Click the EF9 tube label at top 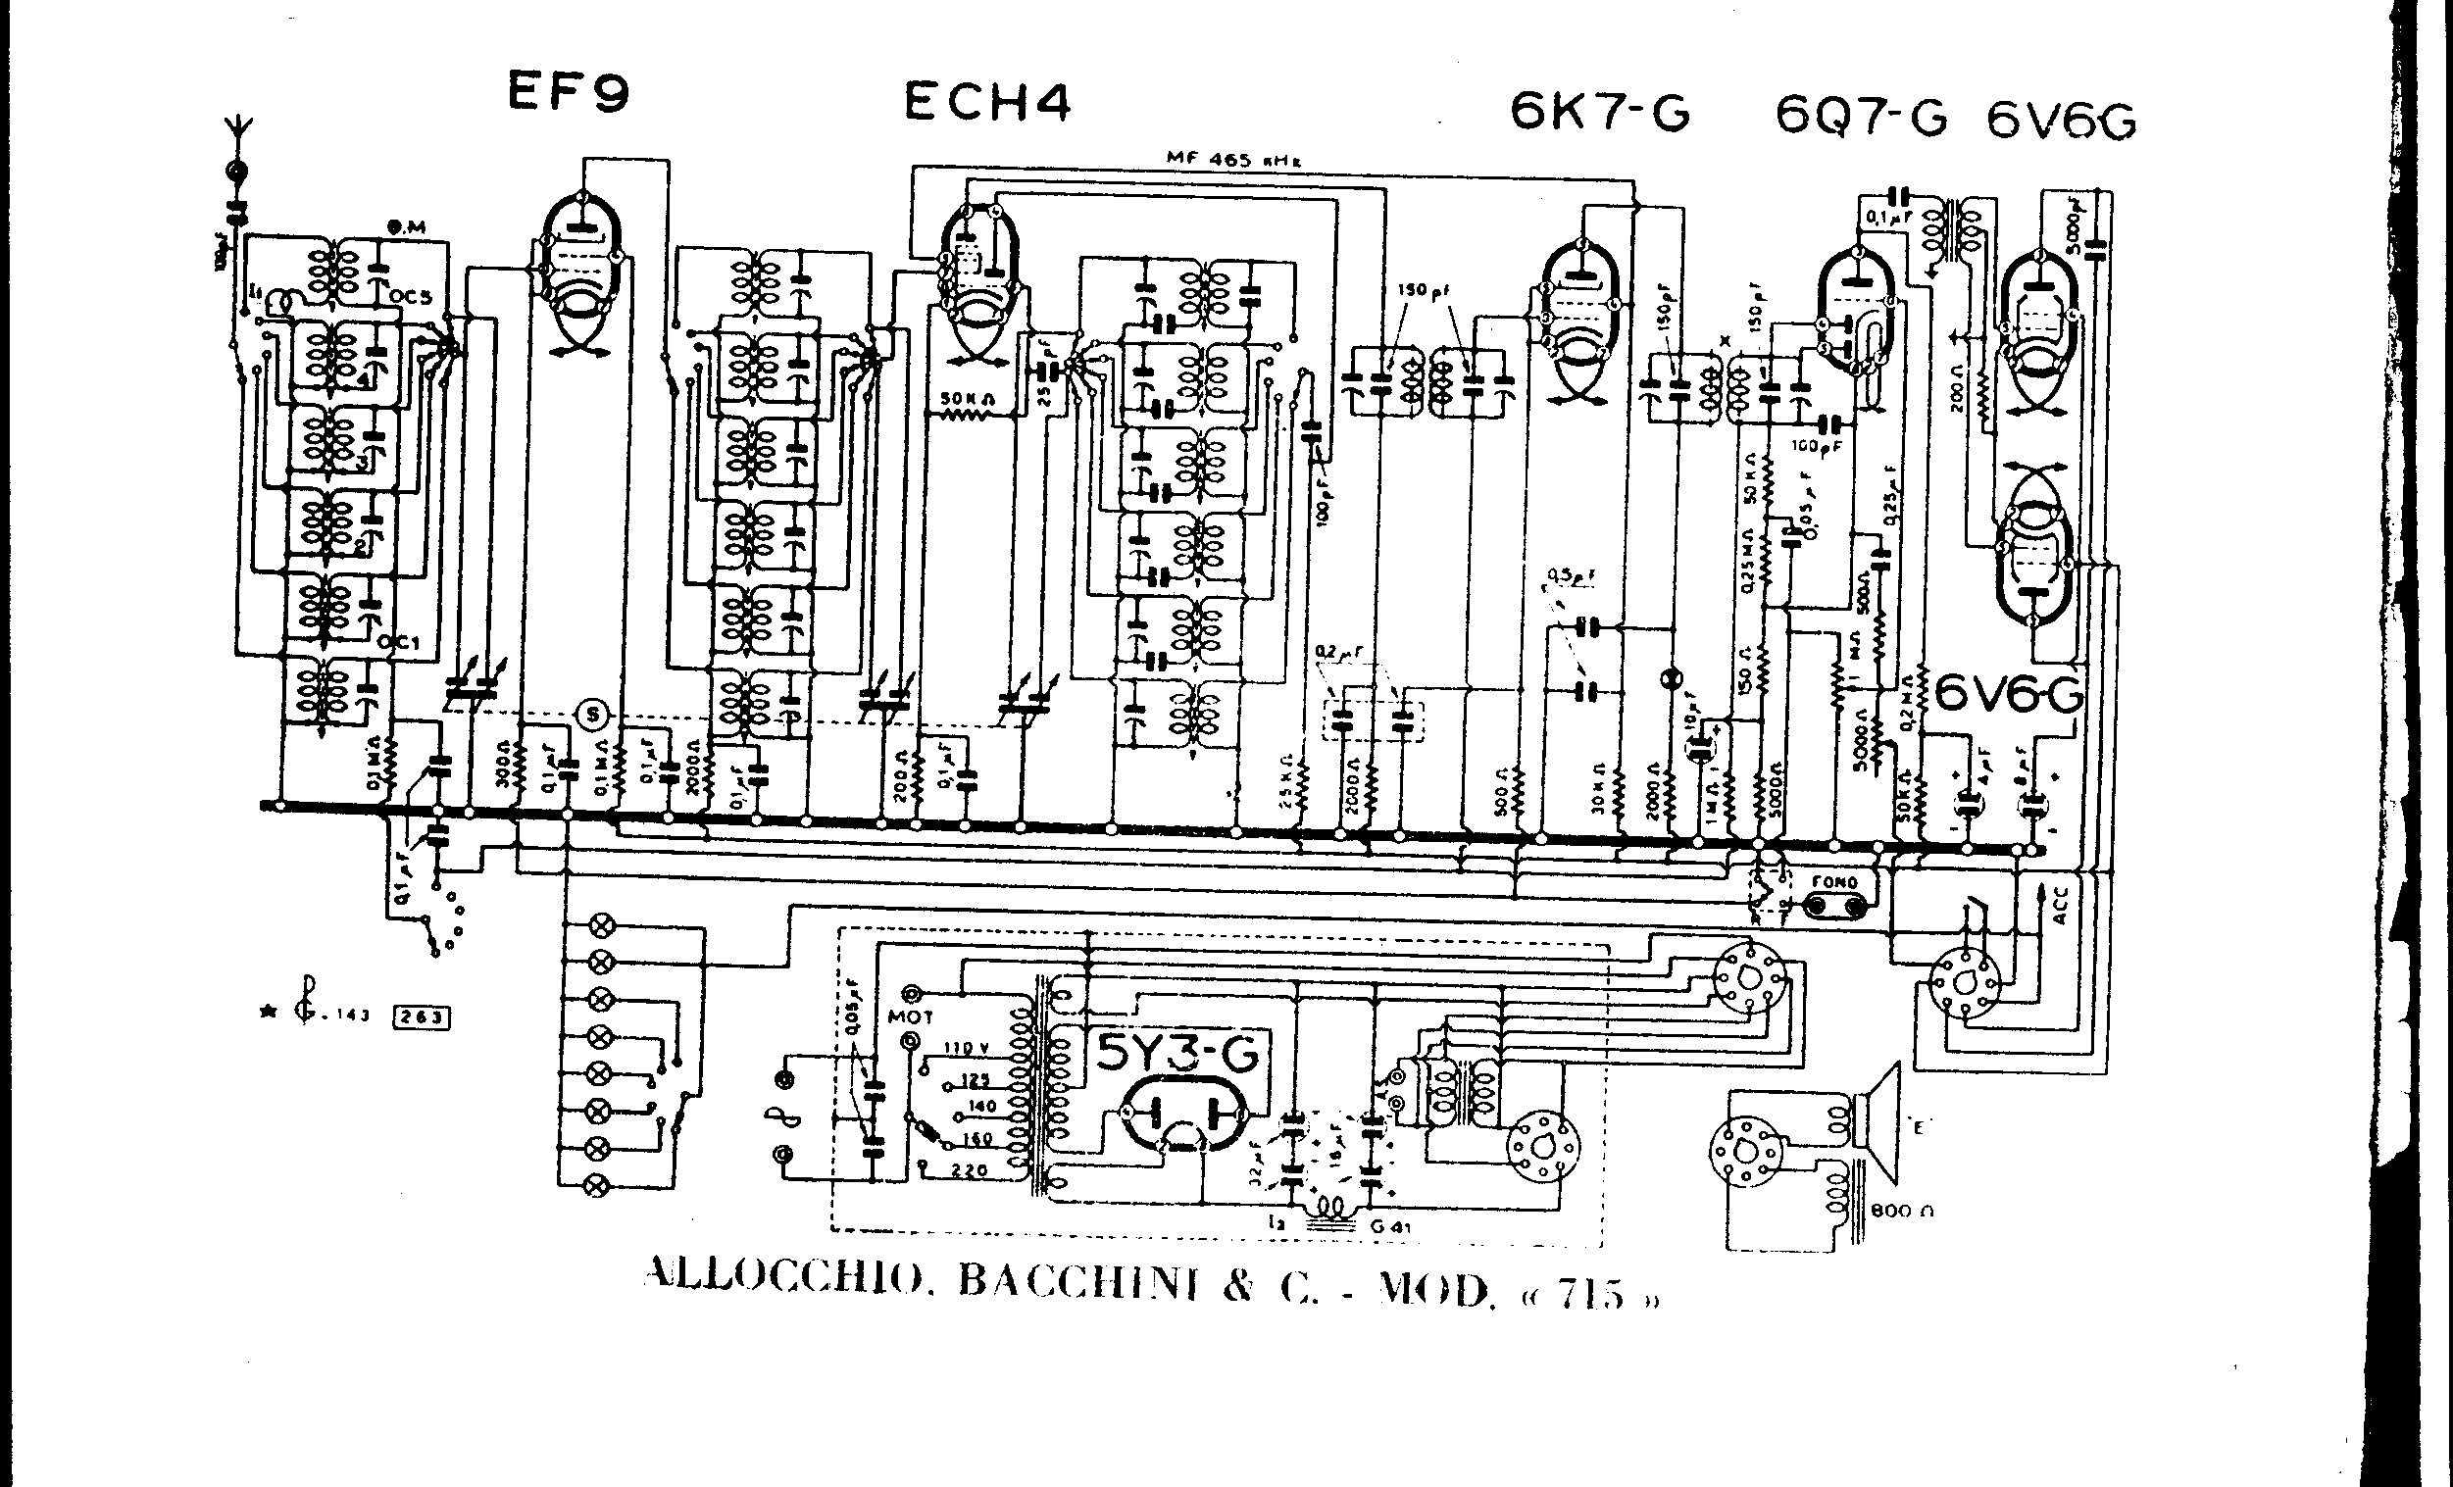(x=569, y=93)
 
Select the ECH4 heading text (x=986, y=103)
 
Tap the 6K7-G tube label (x=1600, y=113)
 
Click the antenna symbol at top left (x=237, y=134)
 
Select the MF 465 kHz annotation (x=1234, y=158)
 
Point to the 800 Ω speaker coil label (x=1901, y=1212)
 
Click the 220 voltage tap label (x=968, y=1171)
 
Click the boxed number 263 (x=423, y=1016)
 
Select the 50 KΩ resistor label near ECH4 (x=963, y=400)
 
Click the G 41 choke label (x=1391, y=1226)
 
